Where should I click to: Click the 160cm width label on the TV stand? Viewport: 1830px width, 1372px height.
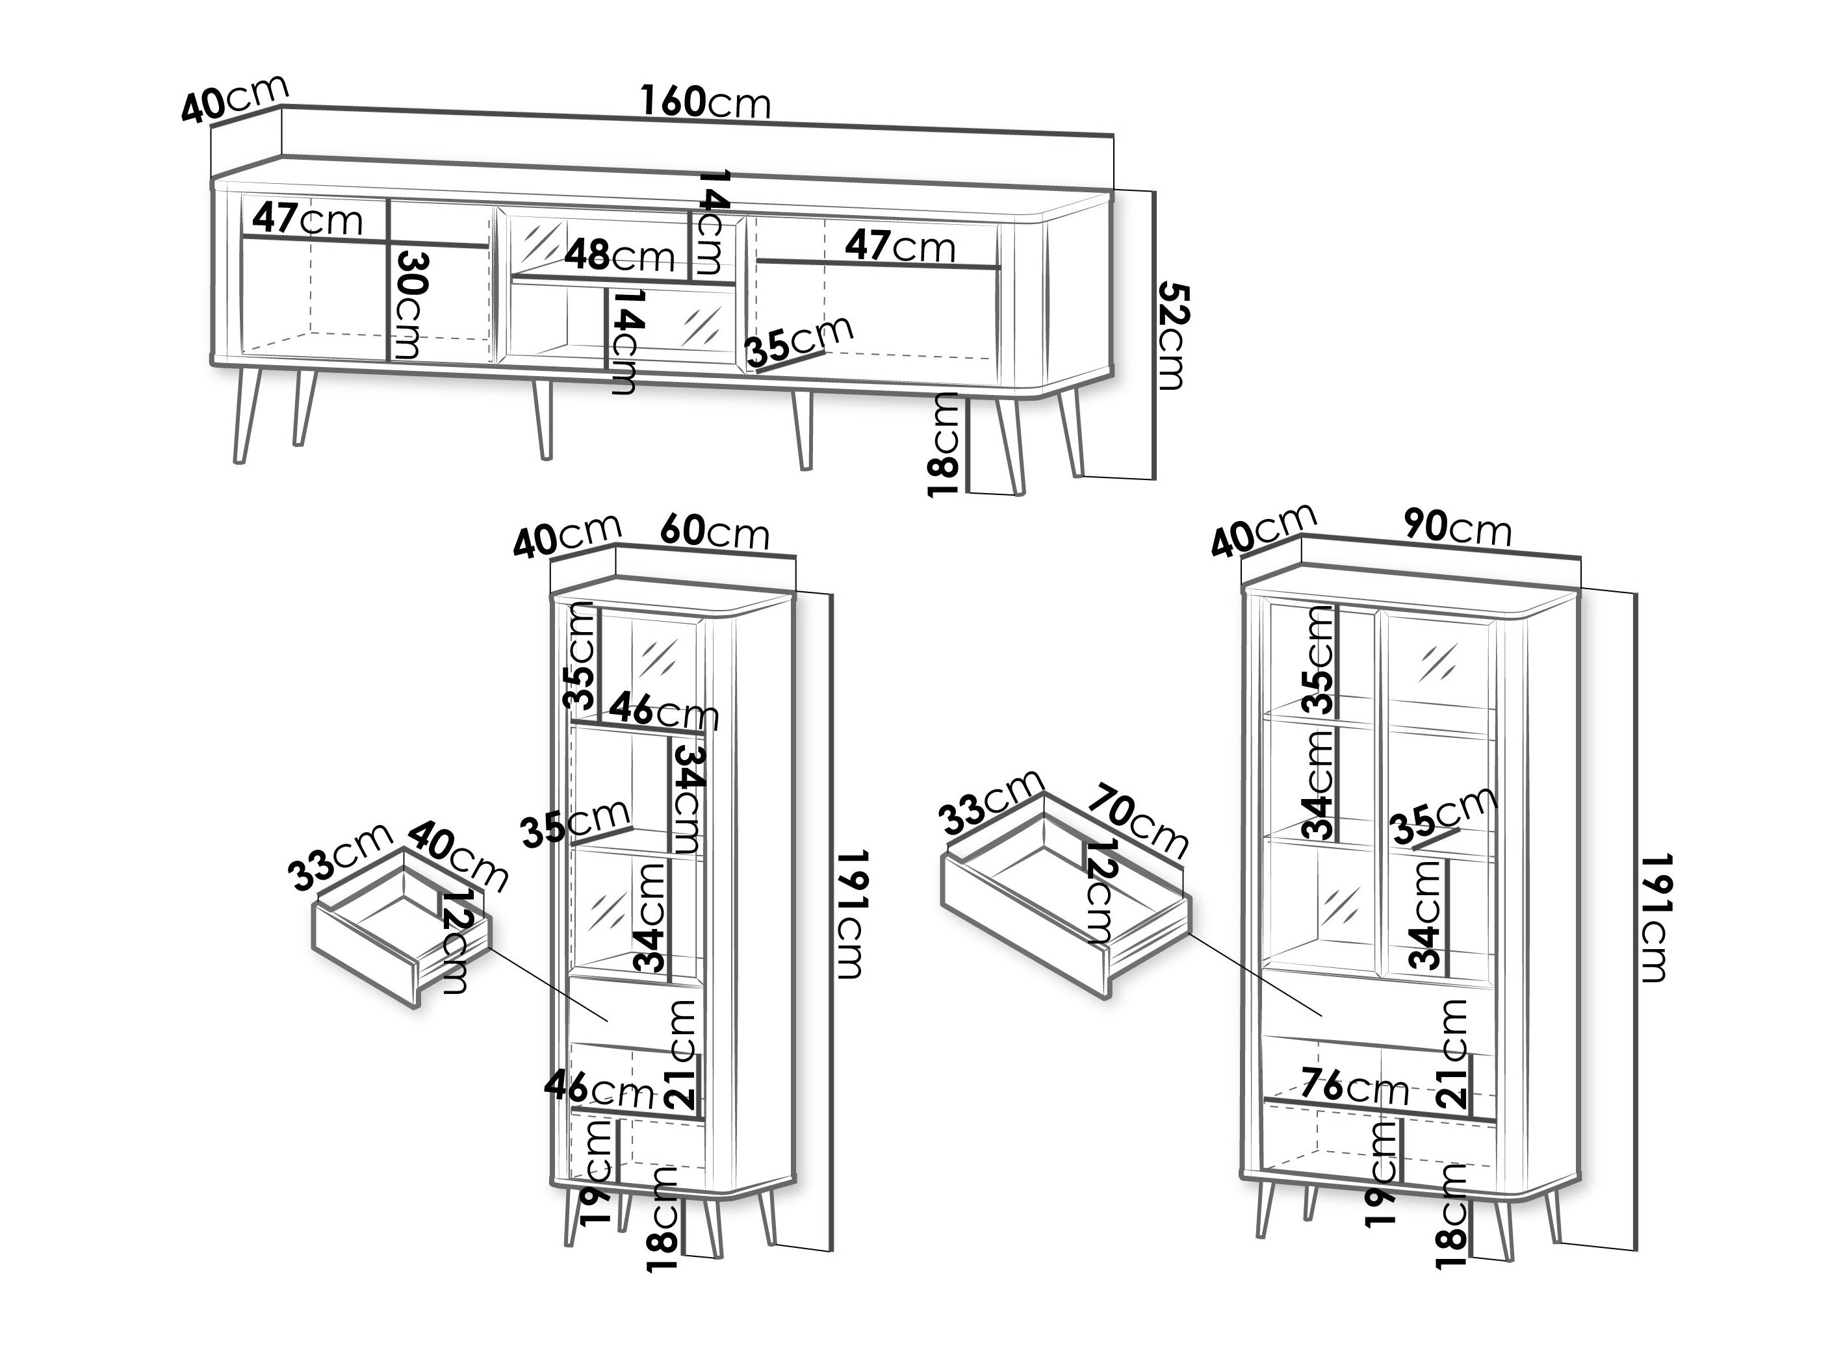point(706,103)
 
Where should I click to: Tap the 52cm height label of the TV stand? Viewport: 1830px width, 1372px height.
point(1172,336)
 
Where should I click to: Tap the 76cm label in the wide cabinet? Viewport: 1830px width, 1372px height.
point(1354,1087)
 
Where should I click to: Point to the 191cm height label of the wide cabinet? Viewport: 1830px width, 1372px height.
point(1651,917)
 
